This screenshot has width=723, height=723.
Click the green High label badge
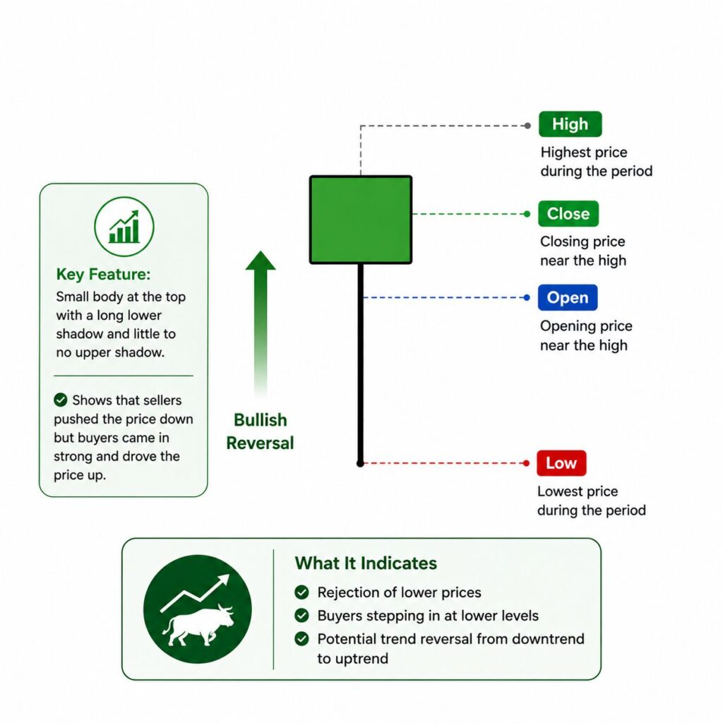(x=570, y=124)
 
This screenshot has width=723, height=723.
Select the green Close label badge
(x=568, y=213)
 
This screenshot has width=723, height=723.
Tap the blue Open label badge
(x=568, y=297)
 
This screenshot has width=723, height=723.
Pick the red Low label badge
(x=561, y=463)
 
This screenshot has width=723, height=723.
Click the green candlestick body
(x=361, y=220)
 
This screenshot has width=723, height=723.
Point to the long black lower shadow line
(x=361, y=364)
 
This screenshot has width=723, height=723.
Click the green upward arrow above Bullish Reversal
(x=261, y=323)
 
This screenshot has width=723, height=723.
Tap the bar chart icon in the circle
(x=124, y=227)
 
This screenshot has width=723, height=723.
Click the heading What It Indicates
(x=366, y=563)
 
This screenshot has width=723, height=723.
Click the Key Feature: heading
(x=103, y=274)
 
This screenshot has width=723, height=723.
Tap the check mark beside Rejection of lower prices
(x=301, y=592)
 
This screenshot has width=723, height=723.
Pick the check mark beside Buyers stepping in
(x=301, y=615)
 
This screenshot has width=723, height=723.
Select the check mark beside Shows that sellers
(x=61, y=400)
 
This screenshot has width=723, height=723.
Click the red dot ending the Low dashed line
(x=526, y=463)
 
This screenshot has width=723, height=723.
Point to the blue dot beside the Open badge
(x=527, y=297)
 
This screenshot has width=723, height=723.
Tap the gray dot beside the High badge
(x=527, y=126)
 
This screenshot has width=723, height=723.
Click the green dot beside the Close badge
(x=527, y=213)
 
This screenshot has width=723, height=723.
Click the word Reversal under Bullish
(x=260, y=443)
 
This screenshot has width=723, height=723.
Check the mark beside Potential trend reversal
(x=301, y=638)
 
